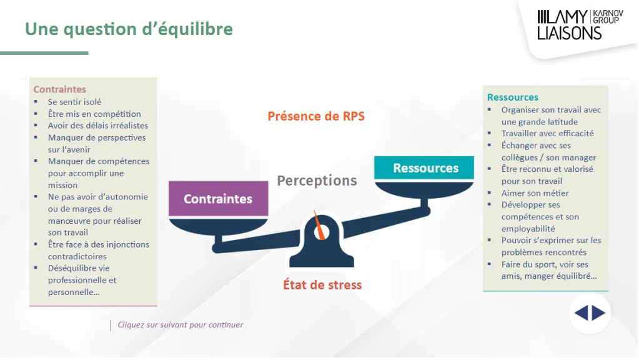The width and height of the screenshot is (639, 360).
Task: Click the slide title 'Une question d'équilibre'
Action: click(129, 29)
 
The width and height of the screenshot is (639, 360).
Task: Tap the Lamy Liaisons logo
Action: click(580, 25)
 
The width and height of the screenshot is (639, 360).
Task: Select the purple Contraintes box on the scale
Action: click(219, 199)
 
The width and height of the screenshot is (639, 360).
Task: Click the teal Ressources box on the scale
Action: click(424, 167)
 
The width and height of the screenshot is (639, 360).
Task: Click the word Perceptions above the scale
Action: click(317, 180)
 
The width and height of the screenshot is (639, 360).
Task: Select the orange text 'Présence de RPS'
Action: click(316, 116)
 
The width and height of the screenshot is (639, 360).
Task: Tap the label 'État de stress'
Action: click(322, 284)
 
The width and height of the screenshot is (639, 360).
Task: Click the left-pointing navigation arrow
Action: click(581, 313)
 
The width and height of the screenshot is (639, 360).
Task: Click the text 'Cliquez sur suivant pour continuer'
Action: click(181, 325)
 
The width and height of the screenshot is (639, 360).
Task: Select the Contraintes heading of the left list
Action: click(59, 89)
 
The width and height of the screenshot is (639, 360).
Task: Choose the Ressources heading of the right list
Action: click(513, 97)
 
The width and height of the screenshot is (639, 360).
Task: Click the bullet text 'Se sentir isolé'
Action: click(74, 102)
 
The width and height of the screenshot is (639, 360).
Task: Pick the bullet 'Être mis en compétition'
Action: click(94, 114)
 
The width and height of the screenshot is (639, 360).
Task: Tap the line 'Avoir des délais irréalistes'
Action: click(98, 126)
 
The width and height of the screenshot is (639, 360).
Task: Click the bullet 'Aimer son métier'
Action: click(535, 193)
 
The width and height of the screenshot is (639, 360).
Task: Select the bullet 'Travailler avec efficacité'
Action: click(548, 133)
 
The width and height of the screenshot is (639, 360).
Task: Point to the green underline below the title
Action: click(44, 53)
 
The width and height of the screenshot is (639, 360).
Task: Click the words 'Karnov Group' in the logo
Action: click(608, 17)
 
